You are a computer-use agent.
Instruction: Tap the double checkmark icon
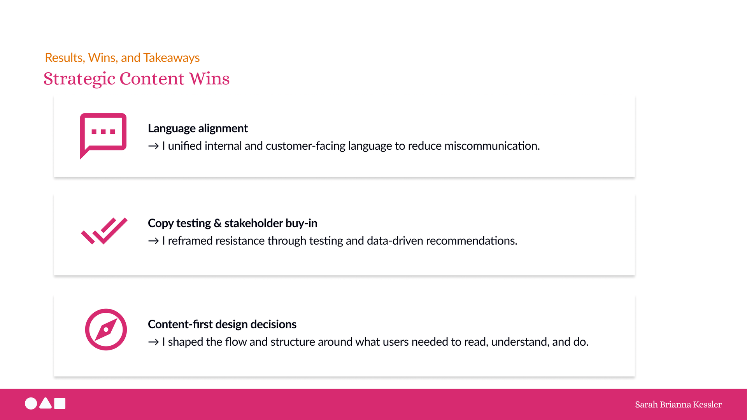click(x=104, y=231)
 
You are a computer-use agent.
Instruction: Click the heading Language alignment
click(x=198, y=128)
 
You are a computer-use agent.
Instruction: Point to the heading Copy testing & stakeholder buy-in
click(x=233, y=223)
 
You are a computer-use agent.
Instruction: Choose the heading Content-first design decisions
click(x=222, y=324)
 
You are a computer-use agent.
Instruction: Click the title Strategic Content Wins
click(x=137, y=79)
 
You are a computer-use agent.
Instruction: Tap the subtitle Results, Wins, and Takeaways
click(x=122, y=58)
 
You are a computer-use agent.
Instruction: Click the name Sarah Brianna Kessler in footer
click(x=678, y=404)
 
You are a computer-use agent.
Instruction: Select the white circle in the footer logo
click(x=31, y=404)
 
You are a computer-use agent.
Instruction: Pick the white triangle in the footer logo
click(x=46, y=404)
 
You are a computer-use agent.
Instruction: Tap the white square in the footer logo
click(x=60, y=404)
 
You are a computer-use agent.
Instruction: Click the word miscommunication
click(x=492, y=146)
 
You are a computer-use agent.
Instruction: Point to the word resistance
click(x=241, y=241)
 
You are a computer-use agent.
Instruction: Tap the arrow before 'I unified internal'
click(x=153, y=146)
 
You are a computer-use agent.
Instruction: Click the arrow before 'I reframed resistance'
click(x=153, y=241)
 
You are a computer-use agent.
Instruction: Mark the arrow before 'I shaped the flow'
click(x=153, y=342)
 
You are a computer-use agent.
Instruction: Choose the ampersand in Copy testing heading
click(x=217, y=223)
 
